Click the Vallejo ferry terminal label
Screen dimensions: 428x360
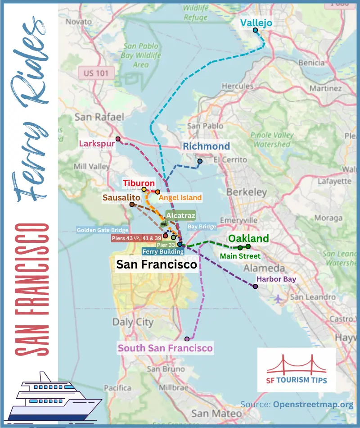pos(256,22)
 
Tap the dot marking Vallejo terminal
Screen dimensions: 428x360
pos(255,30)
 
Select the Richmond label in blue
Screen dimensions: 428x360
pos(206,146)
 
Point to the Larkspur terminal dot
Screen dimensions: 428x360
pos(118,139)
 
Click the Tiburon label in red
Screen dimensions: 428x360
pos(139,183)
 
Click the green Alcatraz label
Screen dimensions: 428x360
pos(180,216)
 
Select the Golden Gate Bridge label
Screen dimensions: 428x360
pos(103,230)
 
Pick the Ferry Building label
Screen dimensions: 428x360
pos(163,252)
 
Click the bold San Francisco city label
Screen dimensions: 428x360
pos(157,264)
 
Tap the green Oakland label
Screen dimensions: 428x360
pos(248,238)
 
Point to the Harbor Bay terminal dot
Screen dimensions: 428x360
pos(256,287)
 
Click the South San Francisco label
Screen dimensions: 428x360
pos(165,348)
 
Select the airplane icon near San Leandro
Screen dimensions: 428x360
pos(279,298)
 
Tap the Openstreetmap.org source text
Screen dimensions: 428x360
pos(313,404)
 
